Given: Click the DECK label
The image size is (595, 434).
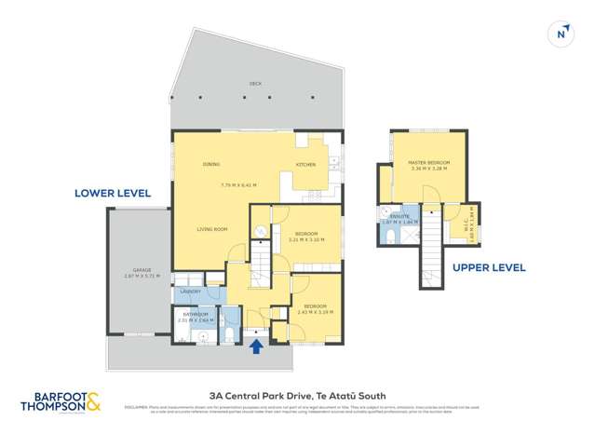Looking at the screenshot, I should coord(255,84).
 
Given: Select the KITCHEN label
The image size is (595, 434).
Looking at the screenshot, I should coord(305,165).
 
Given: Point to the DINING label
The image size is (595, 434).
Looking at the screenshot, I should coord(211,165).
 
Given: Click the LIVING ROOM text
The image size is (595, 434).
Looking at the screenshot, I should coord(212,229).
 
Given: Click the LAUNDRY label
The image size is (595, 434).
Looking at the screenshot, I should coord(189,292).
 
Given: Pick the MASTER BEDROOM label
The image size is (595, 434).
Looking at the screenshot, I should coord(428,164).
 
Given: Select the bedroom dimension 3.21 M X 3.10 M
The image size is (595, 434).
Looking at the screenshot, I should coord(306,239).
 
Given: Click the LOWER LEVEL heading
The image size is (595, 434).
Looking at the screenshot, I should coord(113,194).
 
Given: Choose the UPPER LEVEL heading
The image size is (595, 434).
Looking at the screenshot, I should coord(489,268).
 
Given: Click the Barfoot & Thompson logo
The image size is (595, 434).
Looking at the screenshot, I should coord(61,400).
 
